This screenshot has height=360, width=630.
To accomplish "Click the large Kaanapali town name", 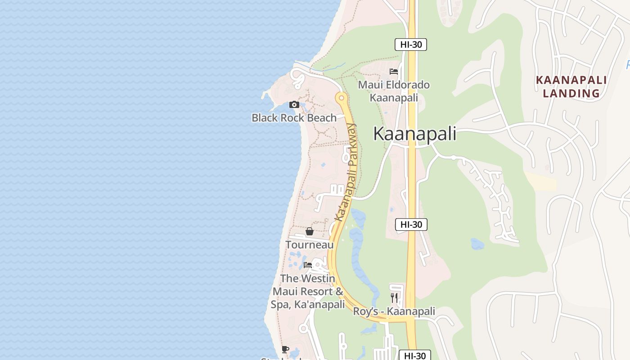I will tap(415, 134).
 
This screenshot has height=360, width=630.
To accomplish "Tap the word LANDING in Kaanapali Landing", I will tap(571, 94).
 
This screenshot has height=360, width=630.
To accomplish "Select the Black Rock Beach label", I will tap(294, 118).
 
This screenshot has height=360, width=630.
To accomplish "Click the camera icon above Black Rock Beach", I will tap(294, 105).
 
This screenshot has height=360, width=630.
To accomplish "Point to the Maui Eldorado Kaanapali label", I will tap(394, 91).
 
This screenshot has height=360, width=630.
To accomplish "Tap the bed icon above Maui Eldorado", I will tap(394, 71).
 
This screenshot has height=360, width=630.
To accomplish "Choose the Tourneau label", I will tap(310, 245).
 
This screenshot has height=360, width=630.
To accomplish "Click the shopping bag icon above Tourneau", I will tap(310, 231).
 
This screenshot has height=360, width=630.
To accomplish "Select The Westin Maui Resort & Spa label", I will tap(308, 292).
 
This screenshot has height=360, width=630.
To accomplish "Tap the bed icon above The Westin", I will tap(308, 265).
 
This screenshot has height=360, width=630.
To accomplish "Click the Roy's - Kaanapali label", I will tap(394, 311).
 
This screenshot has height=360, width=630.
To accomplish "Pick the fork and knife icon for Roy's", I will tap(394, 297).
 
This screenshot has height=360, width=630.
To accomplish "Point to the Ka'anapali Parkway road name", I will tap(347, 172).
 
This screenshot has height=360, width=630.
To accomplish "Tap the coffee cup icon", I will tap(285, 349).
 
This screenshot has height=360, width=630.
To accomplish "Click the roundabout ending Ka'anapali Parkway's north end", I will tap(342, 97).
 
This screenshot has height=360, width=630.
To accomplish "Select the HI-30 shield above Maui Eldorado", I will tap(410, 45).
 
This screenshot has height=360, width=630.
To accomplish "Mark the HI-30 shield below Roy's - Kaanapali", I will tap(415, 355).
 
